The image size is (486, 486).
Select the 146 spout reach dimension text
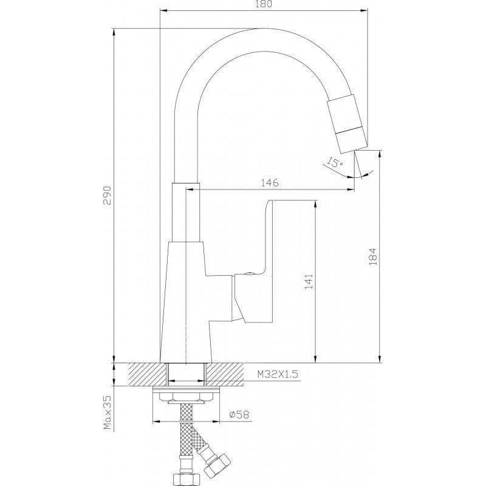pos(270,182)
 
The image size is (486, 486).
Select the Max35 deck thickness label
pos(108,410)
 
